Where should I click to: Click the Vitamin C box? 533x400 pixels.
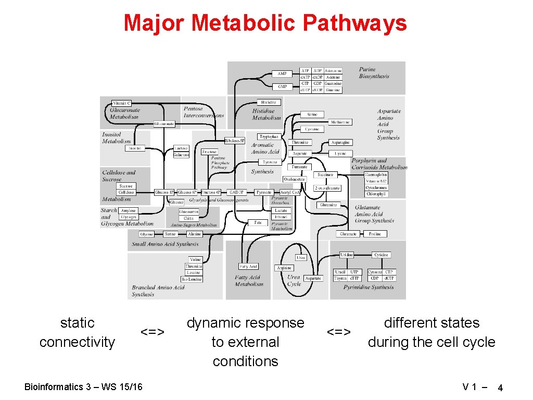pos(122,103)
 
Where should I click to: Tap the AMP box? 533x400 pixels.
pos(282,73)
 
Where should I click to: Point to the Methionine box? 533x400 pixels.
pos(341,122)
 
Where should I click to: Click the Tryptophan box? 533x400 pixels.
pos(270,136)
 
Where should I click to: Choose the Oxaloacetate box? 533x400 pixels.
pos(294,179)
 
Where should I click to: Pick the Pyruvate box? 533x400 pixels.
pos(264,192)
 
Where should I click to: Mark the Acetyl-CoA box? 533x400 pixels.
pos(289,192)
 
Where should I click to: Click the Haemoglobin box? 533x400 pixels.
pos(376,174)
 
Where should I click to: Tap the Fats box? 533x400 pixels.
pos(258,222)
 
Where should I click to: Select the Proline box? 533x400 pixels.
pos(375,234)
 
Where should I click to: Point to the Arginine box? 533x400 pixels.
pos(284,268)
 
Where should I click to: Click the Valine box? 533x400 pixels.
pos(195,259)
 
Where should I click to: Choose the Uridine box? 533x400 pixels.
pos(346,255)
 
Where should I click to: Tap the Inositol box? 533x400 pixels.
pos(135,148)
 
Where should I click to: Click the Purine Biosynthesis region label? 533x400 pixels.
pos(374,73)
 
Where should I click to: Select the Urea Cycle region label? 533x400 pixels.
pos(294,281)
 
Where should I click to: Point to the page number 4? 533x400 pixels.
pos(500,388)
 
